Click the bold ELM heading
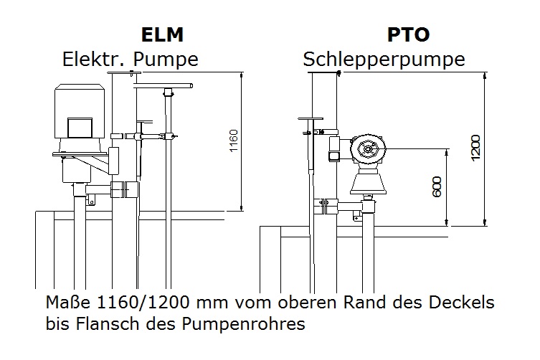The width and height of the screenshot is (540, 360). (162, 34)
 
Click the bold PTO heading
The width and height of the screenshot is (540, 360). (409, 34)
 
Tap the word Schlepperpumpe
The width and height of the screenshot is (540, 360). (384, 60)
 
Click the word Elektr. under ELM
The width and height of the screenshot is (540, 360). (95, 60)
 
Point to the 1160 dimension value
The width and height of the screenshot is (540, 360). (234, 141)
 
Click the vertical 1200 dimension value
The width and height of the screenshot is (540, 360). (475, 148)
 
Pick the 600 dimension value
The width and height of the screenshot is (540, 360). (437, 186)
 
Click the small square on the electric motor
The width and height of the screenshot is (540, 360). (80, 128)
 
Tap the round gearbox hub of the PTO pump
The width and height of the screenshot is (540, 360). (368, 149)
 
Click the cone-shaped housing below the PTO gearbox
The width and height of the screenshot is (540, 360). (367, 183)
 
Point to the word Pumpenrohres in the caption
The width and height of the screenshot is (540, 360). (243, 324)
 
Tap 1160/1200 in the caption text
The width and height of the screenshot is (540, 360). (143, 303)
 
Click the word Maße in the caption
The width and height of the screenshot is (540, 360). (68, 303)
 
